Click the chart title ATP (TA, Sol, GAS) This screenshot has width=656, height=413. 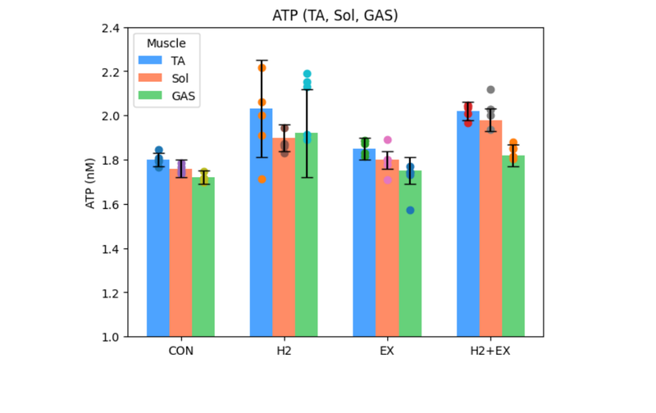click(335, 15)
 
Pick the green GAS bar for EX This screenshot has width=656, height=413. click(410, 254)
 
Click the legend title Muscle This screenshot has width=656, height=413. click(166, 43)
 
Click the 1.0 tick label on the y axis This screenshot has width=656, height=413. click(109, 337)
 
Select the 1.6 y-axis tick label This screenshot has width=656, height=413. click(109, 204)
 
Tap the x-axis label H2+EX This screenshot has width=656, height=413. click(490, 351)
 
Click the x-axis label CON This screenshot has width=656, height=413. click(180, 351)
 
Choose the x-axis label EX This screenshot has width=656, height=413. click(387, 351)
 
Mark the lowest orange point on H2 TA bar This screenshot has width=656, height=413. click(262, 179)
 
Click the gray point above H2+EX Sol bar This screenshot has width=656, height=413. click(490, 89)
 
